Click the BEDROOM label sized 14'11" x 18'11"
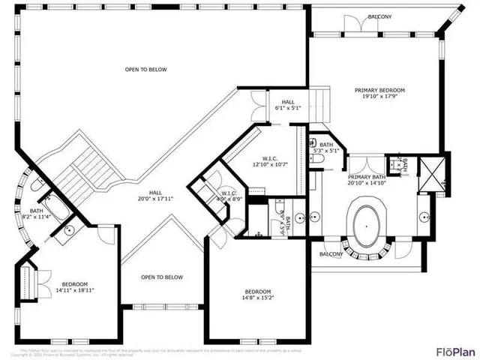[75, 284]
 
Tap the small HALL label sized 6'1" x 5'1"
[288, 102]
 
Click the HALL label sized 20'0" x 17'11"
[155, 193]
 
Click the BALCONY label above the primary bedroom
[379, 16]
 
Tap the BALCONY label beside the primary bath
[331, 253]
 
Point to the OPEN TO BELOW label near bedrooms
[163, 277]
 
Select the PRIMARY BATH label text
[366, 176]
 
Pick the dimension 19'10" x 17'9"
[379, 95]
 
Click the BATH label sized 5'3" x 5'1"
[325, 145]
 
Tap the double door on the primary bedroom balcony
[358, 25]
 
